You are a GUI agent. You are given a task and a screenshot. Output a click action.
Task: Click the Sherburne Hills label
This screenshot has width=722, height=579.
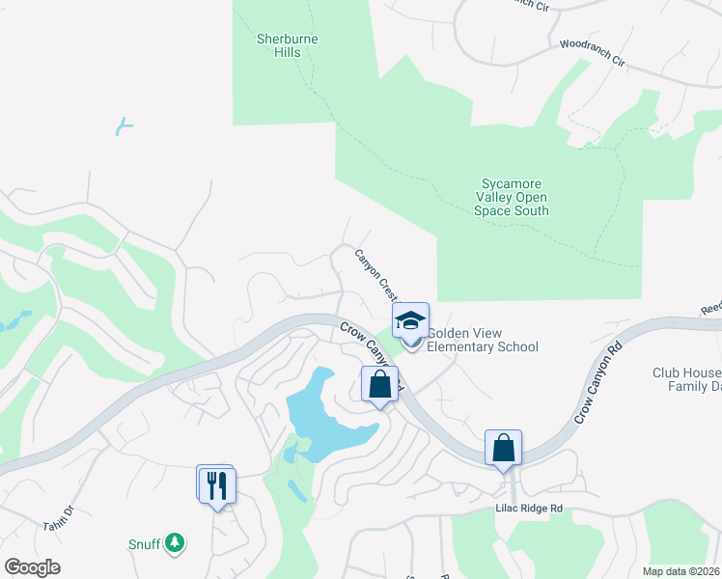[287, 45]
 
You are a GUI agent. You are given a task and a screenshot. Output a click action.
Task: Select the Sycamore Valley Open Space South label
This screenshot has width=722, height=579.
[512, 197]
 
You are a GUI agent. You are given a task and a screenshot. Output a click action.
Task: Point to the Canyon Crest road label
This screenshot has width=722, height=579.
[376, 274]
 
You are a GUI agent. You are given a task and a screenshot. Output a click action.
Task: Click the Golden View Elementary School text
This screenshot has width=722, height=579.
[482, 340]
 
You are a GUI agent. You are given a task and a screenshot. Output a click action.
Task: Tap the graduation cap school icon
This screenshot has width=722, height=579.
[410, 320]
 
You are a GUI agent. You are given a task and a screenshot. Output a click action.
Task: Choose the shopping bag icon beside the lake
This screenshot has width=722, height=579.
[380, 383]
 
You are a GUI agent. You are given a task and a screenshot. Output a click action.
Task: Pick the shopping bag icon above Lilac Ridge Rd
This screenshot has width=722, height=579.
[503, 448]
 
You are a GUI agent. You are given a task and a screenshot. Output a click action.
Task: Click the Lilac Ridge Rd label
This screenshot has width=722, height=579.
[528, 508]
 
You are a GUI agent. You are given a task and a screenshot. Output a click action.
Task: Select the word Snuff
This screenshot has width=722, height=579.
[144, 544]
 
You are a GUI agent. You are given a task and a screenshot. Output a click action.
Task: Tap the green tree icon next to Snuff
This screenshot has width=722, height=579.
[175, 544]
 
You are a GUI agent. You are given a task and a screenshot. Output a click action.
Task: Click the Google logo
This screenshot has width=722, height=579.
[32, 567]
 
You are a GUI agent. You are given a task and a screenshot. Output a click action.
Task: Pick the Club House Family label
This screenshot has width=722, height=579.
[686, 379]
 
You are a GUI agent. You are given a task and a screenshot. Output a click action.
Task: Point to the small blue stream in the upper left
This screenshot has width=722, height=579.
[123, 125]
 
